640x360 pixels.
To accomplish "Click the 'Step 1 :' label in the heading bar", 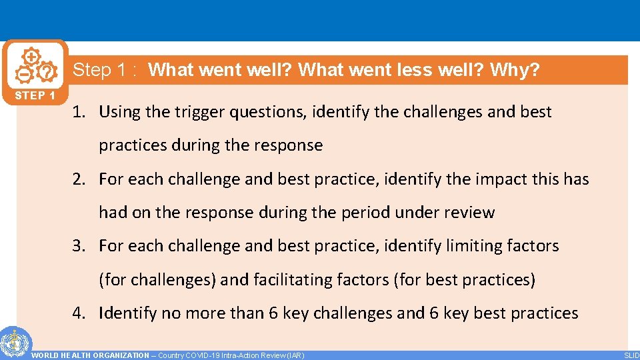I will pos(105,70).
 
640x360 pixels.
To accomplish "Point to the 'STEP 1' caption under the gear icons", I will pos(35,95).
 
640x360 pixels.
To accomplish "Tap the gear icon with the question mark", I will pos(46,71).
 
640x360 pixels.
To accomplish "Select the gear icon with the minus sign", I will pos(22,73).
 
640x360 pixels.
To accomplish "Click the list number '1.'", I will pos(80,112).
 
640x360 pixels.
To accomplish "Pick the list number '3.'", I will pos(80,246).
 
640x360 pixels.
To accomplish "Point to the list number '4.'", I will pos(80,313).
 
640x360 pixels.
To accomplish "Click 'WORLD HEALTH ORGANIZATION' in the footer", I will pos(91,355).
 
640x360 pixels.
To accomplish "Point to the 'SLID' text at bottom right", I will pos(631,355).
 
